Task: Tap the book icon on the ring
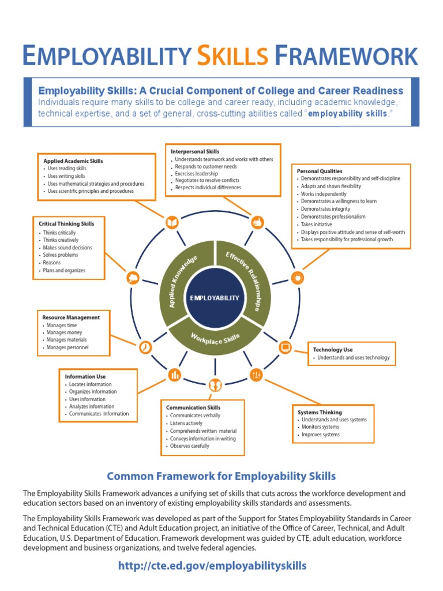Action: point(172,222)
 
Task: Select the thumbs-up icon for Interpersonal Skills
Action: point(257,222)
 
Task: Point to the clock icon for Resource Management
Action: point(145,347)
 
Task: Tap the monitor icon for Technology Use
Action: point(285,347)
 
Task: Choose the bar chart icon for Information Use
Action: point(175,375)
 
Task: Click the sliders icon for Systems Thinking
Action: point(257,375)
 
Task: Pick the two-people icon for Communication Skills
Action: point(215,384)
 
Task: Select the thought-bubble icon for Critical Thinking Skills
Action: point(133,278)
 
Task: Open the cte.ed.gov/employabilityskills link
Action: point(212,566)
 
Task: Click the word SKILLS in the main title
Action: point(232,56)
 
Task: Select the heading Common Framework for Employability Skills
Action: point(221,476)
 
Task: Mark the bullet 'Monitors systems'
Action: point(321,427)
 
